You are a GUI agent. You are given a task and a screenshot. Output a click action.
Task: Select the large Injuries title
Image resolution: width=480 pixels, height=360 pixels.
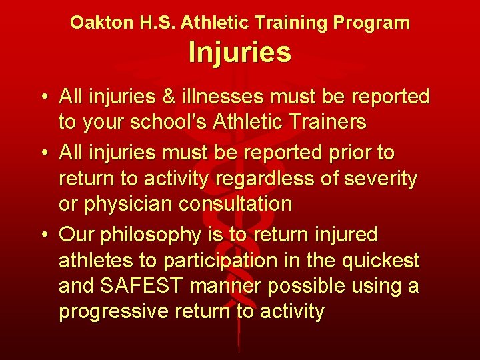239,53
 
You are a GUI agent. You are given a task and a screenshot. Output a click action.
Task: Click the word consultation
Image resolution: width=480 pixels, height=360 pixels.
235,204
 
